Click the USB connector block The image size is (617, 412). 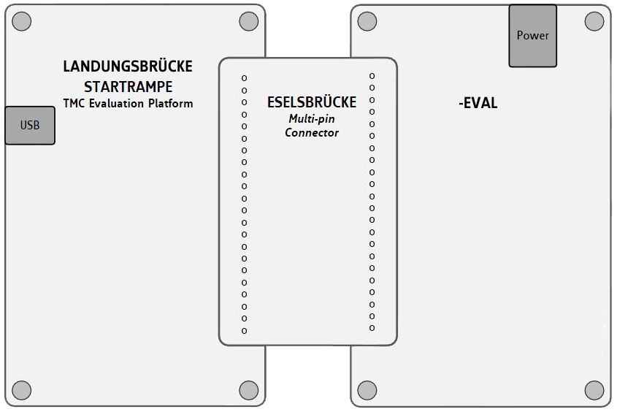pyautogui.click(x=30, y=125)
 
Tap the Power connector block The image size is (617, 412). pyautogui.click(x=532, y=36)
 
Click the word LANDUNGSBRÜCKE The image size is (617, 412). pyautogui.click(x=128, y=66)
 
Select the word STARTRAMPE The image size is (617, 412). pyautogui.click(x=128, y=86)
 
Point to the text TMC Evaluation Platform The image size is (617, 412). pyautogui.click(x=128, y=104)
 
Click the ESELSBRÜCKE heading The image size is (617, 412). pyautogui.click(x=312, y=102)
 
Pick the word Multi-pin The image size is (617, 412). pyautogui.click(x=312, y=118)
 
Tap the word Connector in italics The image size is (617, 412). pyautogui.click(x=312, y=133)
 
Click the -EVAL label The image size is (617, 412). pyautogui.click(x=478, y=103)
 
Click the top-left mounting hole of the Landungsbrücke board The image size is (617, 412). pyautogui.click(x=22, y=22)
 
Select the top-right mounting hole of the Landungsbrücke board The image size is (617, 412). pyautogui.click(x=248, y=22)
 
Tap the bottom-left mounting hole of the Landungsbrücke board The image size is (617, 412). pyautogui.click(x=22, y=389)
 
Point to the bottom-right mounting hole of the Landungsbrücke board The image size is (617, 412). pyautogui.click(x=248, y=389)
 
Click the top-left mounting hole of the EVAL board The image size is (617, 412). pyautogui.click(x=367, y=22)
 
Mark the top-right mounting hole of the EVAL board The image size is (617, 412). pyautogui.click(x=594, y=22)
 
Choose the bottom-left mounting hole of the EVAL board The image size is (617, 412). pyautogui.click(x=367, y=389)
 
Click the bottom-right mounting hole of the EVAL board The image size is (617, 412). pyautogui.click(x=594, y=389)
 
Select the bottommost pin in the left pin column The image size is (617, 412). pyautogui.click(x=245, y=331)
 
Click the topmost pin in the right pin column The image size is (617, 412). pyautogui.click(x=372, y=75)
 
